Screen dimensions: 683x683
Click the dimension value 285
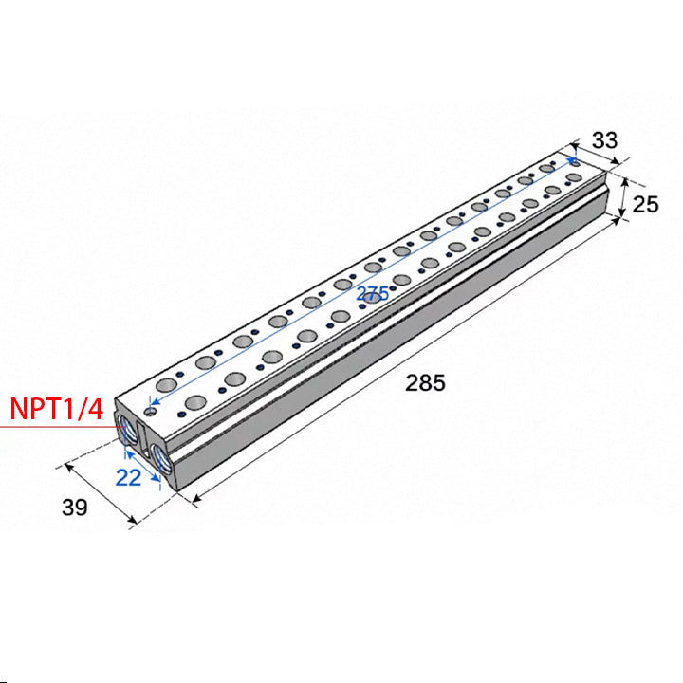click(425, 383)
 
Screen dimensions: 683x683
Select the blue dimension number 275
click(373, 294)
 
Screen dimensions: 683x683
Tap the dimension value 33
click(604, 140)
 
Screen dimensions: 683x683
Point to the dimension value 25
click(645, 204)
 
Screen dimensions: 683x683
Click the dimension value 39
click(75, 507)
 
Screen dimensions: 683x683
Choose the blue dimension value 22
click(128, 477)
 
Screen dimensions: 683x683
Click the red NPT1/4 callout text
click(57, 409)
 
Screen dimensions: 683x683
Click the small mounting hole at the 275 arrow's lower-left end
click(151, 412)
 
